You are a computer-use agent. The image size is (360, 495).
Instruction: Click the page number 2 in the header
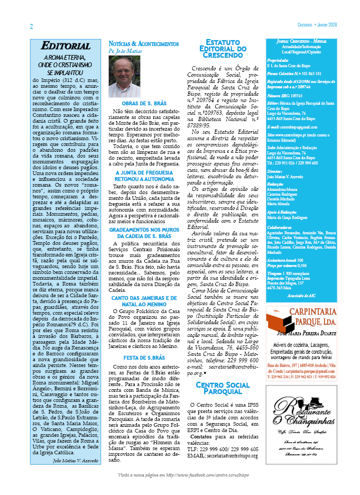pyautogui.click(x=32, y=26)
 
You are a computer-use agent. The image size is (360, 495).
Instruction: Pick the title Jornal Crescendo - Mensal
pyautogui.click(x=301, y=41)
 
